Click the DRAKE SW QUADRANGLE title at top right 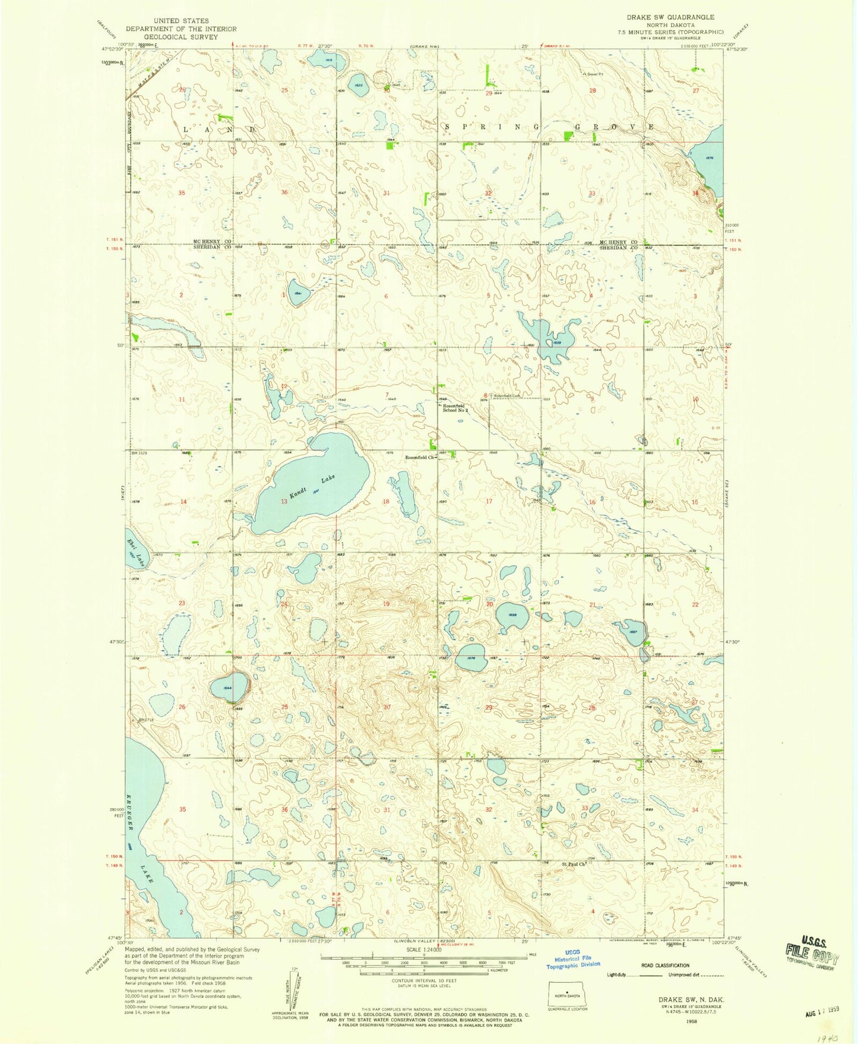pos(682,17)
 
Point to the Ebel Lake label pos(135,551)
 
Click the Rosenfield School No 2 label pos(455,408)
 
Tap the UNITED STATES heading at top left pos(181,21)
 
